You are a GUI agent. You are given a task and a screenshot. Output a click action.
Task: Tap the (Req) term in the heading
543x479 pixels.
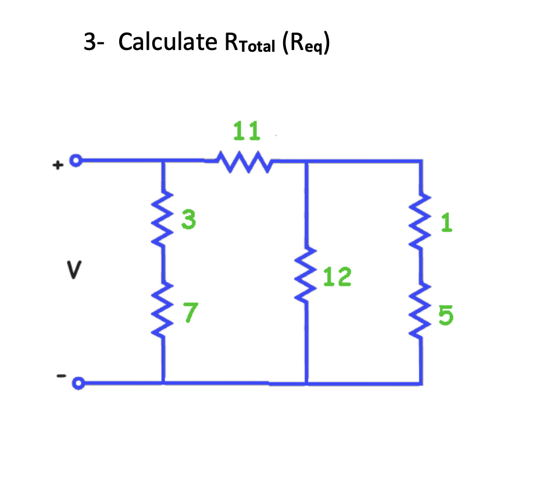(x=306, y=45)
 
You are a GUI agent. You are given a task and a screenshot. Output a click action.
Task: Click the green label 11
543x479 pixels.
(x=246, y=132)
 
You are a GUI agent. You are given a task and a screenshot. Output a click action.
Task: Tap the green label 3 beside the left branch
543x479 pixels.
(x=188, y=220)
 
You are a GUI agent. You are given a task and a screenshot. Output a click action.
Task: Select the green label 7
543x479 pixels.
(x=189, y=312)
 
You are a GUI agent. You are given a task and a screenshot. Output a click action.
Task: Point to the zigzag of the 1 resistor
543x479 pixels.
(x=420, y=219)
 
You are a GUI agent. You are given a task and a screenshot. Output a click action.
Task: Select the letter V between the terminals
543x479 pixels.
(x=74, y=271)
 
